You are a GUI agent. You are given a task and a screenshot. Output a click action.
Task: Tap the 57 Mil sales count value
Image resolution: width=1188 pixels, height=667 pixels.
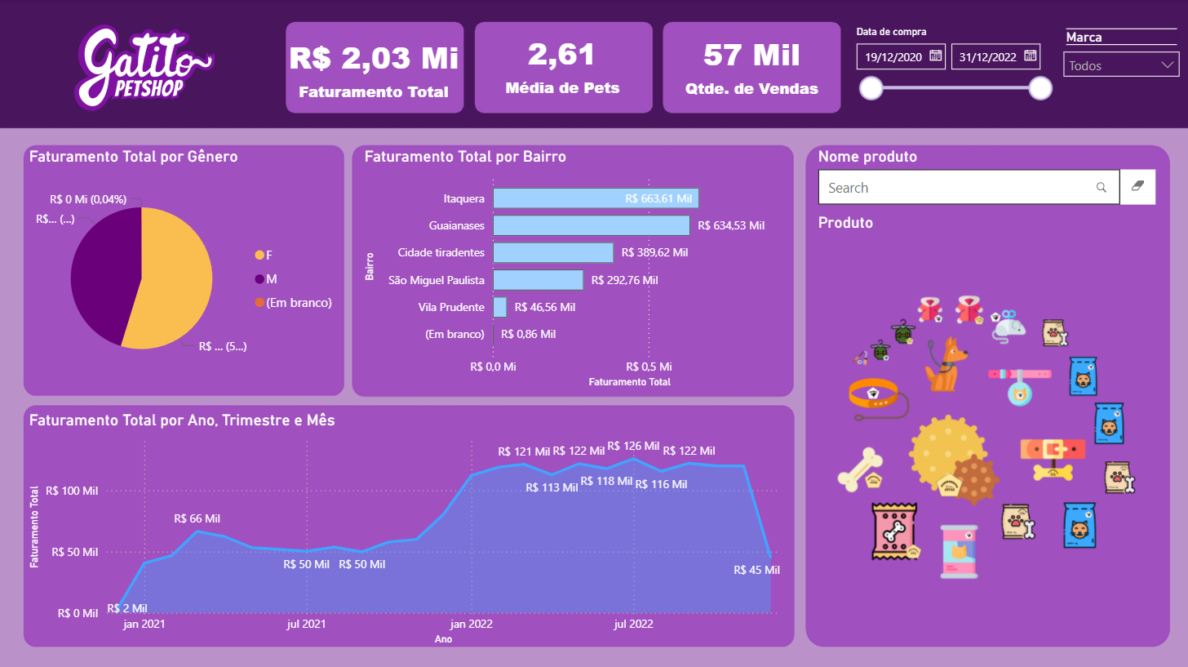coord(751,56)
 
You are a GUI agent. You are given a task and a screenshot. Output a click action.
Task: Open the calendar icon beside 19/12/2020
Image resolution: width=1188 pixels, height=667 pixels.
coord(936,56)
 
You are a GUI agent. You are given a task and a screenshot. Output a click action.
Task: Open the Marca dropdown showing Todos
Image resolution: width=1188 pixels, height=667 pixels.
coord(1121,65)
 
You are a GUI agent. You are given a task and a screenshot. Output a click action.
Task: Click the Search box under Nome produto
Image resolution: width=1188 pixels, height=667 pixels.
coord(959,188)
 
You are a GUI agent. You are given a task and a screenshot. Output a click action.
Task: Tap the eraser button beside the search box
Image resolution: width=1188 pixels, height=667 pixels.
coord(1138,187)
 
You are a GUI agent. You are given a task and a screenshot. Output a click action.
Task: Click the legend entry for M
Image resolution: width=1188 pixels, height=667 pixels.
coord(272,279)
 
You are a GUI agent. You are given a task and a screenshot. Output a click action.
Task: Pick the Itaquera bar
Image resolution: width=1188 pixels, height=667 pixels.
coord(596,198)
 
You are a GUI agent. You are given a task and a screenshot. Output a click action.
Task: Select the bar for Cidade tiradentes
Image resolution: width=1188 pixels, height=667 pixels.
coord(553,253)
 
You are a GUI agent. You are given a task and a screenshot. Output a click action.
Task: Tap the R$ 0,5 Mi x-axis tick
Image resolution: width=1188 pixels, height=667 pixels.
coord(649,367)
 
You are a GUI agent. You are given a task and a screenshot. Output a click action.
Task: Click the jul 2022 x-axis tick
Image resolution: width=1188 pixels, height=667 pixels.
coord(633,625)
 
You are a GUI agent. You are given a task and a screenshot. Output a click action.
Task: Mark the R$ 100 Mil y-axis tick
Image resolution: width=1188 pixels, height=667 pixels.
coord(72,491)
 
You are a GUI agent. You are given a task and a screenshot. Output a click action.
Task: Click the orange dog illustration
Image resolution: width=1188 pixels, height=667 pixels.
coord(945,364)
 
